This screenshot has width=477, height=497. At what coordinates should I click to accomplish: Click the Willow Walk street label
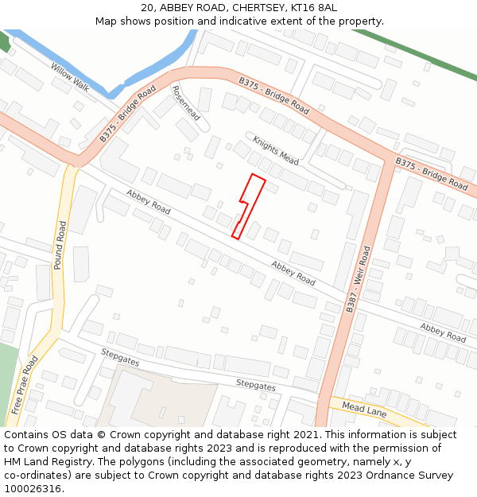pyautogui.click(x=71, y=77)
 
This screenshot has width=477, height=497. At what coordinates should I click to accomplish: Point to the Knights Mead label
pyautogui.click(x=276, y=150)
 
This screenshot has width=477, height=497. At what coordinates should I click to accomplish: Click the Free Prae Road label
pyautogui.click(x=25, y=385)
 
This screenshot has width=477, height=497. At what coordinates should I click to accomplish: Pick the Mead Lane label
pyautogui.click(x=363, y=409)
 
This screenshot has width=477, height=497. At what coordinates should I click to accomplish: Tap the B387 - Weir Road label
pyautogui.click(x=359, y=278)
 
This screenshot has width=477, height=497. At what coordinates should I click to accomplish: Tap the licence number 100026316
pyautogui.click(x=33, y=488)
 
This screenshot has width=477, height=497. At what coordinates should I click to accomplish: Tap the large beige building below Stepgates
pyautogui.click(x=159, y=398)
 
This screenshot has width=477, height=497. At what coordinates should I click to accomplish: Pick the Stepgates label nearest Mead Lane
pyautogui.click(x=256, y=386)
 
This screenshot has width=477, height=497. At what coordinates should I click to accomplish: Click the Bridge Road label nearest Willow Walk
pyautogui.click(x=127, y=116)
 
